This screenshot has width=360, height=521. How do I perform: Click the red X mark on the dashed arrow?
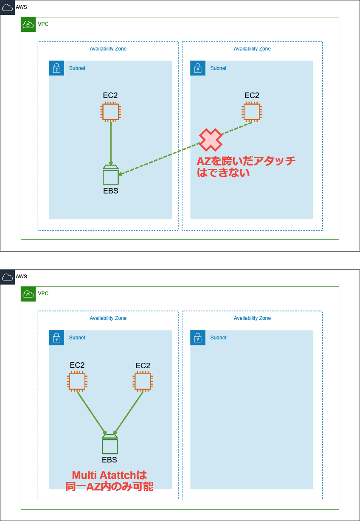[211, 140]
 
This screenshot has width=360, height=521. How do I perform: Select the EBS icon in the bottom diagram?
[110, 445]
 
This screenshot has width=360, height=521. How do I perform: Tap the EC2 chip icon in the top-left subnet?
[110, 112]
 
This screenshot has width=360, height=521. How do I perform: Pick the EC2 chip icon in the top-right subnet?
[252, 112]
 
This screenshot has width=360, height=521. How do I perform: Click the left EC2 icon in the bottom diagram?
[77, 381]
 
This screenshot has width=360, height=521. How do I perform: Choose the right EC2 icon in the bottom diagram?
[143, 381]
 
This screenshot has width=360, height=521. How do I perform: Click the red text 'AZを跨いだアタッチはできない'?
[246, 167]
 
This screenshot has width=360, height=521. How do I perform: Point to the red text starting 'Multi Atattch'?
[110, 481]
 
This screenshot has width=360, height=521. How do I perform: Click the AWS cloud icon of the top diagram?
[7, 7]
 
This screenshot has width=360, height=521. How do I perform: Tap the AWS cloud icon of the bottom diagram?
[7, 277]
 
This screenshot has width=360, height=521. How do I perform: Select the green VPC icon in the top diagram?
[28, 25]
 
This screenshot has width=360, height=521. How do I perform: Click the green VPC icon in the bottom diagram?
[28, 294]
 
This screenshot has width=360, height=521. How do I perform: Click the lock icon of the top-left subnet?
[56, 68]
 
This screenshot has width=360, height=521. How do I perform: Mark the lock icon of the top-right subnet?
[197, 68]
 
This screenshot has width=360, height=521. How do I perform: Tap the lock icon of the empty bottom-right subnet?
[197, 338]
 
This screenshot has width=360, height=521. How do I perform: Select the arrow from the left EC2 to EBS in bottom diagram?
[91, 412]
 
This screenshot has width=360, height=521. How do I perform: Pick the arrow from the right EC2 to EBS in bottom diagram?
[129, 412]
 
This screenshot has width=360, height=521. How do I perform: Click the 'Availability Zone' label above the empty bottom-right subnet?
[252, 318]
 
